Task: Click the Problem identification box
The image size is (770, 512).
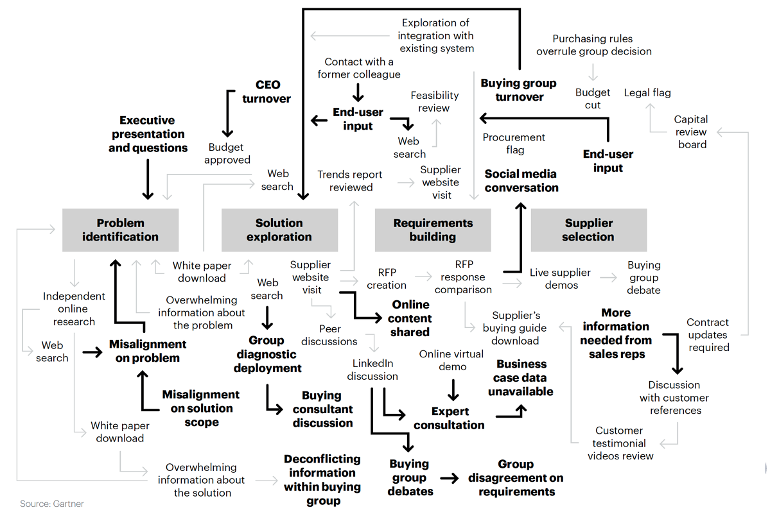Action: tap(120, 230)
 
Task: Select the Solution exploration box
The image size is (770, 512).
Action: tap(279, 230)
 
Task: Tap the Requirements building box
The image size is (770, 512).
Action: tap(433, 230)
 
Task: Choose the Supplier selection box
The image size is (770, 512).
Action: tap(588, 230)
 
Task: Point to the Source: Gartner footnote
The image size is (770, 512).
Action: tap(52, 504)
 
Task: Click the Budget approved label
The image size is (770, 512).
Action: tap(227, 154)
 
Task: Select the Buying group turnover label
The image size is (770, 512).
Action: tap(518, 90)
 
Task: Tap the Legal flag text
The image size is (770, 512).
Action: tap(647, 92)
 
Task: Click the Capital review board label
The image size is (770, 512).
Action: tap(692, 132)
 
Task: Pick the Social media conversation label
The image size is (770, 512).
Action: tap(521, 180)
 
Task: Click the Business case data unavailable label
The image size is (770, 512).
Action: tap(521, 377)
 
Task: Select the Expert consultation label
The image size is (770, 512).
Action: tap(450, 418)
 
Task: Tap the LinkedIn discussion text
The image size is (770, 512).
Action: tap(372, 370)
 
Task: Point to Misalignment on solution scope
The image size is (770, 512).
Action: tap(201, 408)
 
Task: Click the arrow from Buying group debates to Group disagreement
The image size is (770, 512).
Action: tap(450, 477)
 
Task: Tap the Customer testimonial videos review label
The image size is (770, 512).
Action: tap(620, 443)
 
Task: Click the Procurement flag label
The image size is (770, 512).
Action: tap(514, 143)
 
